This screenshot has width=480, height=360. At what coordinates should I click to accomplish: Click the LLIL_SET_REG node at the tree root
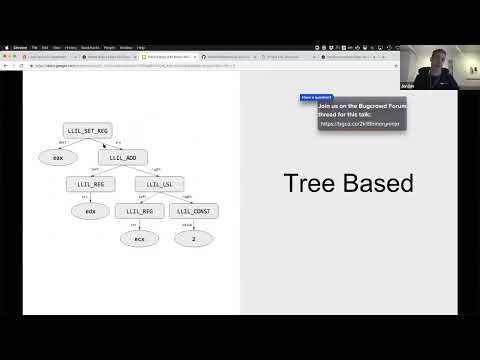pos(87,130)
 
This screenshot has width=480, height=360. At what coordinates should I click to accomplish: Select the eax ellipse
pos(58,157)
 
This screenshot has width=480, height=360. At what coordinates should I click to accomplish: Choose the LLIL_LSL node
pos(157,184)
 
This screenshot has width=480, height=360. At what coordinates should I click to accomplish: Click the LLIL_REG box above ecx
pos(139,211)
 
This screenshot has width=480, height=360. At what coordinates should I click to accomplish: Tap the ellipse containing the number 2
pos(193,238)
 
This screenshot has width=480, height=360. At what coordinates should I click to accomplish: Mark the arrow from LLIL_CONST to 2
pos(193,225)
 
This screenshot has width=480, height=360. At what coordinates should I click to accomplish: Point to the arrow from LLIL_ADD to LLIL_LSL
pos(141,171)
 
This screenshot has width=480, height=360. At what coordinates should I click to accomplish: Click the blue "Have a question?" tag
pos(316,97)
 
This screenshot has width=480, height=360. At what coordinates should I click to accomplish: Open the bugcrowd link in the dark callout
pos(361,123)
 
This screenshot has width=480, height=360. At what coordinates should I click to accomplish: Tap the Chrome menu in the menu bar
pos(20,47)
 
